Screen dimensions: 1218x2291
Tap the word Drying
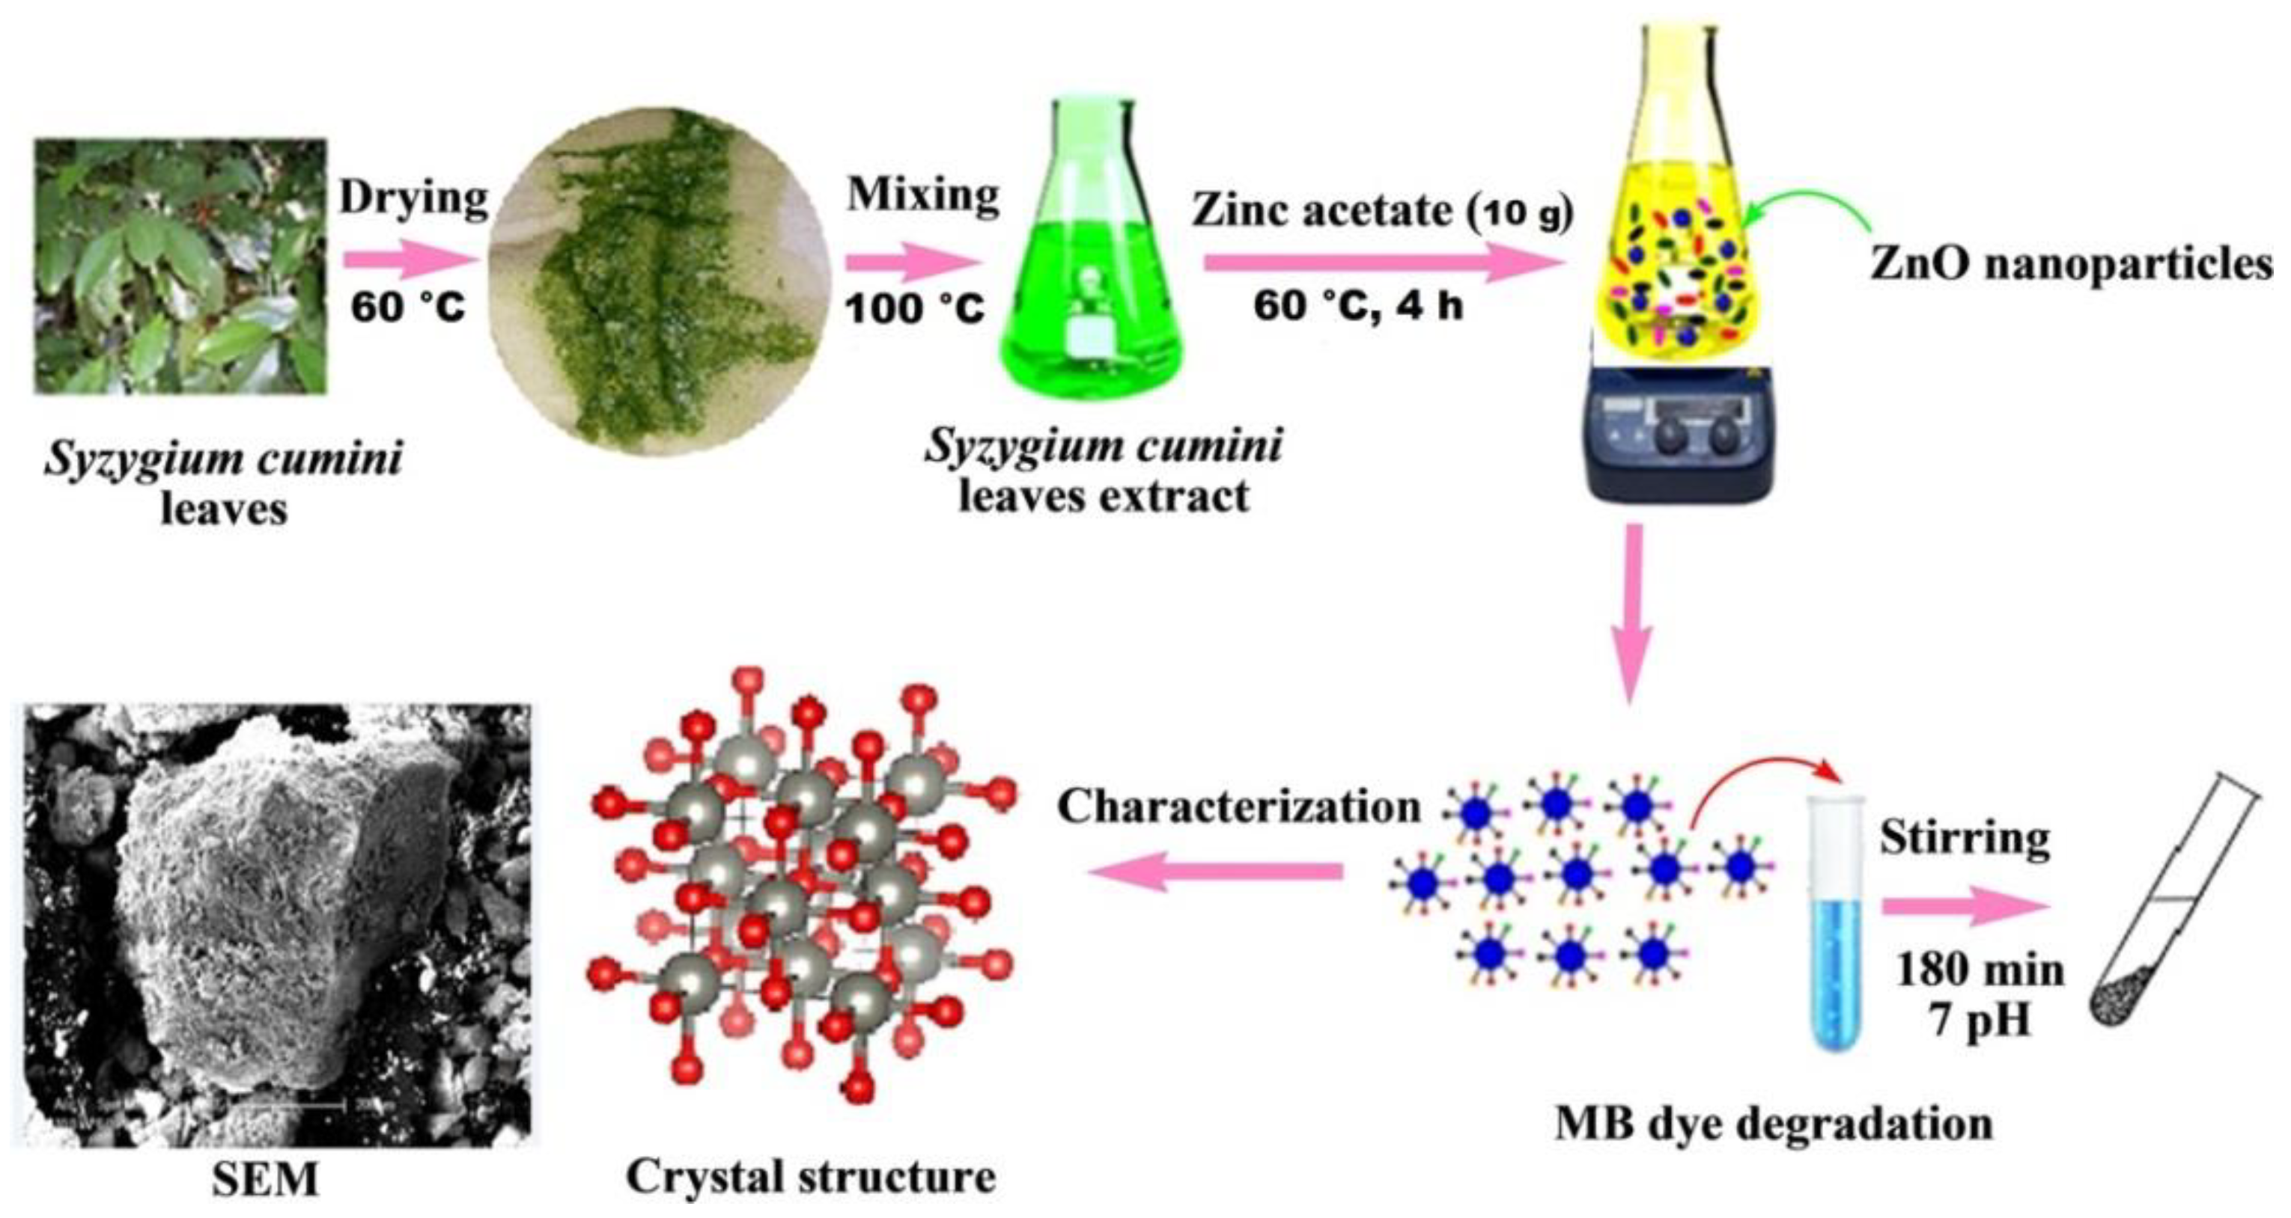(x=413, y=198)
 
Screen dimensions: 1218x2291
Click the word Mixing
(x=923, y=194)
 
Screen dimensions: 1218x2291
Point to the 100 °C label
(x=914, y=308)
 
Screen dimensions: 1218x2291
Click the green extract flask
(x=1092, y=266)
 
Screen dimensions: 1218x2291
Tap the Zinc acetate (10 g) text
(x=1382, y=212)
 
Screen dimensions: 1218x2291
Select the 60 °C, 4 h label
(x=1358, y=307)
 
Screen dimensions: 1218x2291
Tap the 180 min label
(x=1980, y=970)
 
